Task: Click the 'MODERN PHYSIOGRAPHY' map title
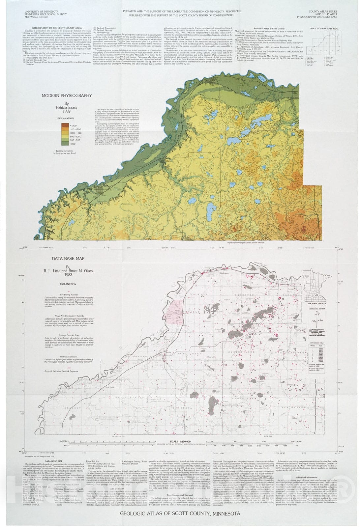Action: pos(67,96)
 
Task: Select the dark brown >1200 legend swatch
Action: pos(65,125)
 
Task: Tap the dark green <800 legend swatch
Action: pos(65,144)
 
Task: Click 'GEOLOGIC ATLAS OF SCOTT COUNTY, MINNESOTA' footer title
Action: pos(180,513)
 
